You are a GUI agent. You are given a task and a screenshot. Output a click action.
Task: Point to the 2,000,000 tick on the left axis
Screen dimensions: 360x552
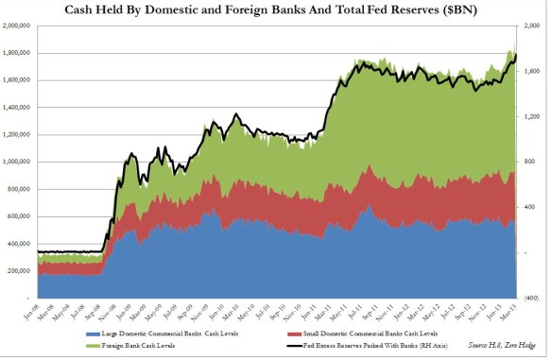(16, 26)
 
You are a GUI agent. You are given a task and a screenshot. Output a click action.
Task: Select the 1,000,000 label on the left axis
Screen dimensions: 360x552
(16, 162)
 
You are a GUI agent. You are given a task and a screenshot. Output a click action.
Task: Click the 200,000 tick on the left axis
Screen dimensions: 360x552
(18, 270)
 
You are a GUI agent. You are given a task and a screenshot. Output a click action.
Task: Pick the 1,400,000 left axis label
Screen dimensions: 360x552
(16, 108)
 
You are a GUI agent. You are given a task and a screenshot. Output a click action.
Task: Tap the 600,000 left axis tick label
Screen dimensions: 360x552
(18, 216)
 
